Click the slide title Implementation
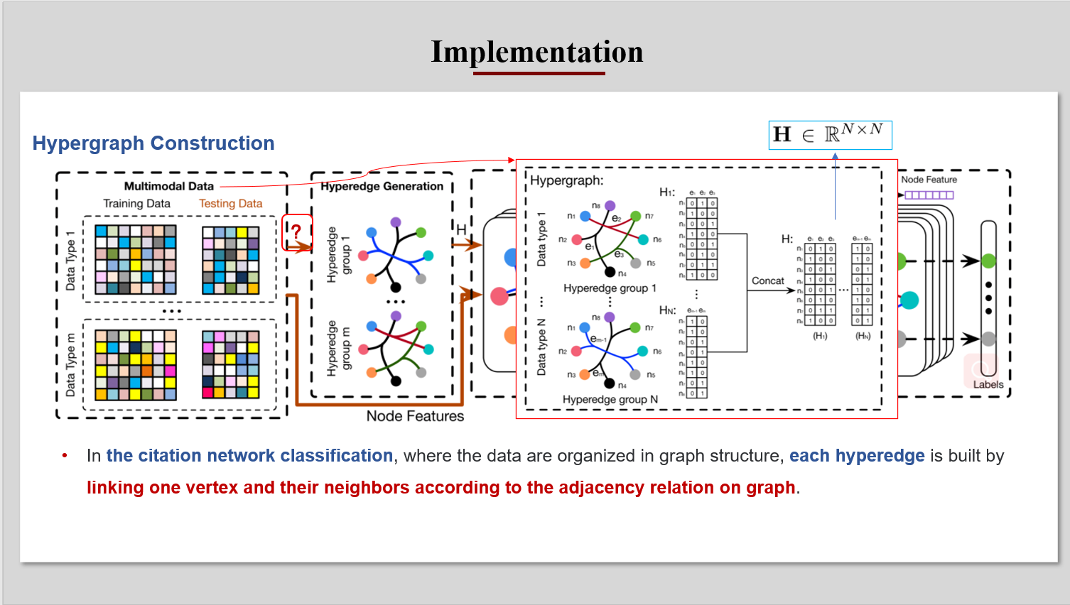536,52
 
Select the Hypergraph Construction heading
153,143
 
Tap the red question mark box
297,232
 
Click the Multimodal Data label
168,186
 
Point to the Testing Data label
230,204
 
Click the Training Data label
136,204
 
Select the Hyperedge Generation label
382,186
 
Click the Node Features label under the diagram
415,416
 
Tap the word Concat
767,281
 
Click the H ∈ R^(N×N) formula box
829,135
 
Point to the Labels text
988,385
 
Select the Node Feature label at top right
929,180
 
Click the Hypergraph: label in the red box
566,180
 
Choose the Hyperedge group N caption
610,400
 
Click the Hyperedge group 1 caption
610,288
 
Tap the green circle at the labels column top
988,261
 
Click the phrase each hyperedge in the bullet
857,456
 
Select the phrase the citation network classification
249,456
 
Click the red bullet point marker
65,456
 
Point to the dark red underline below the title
539,73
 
